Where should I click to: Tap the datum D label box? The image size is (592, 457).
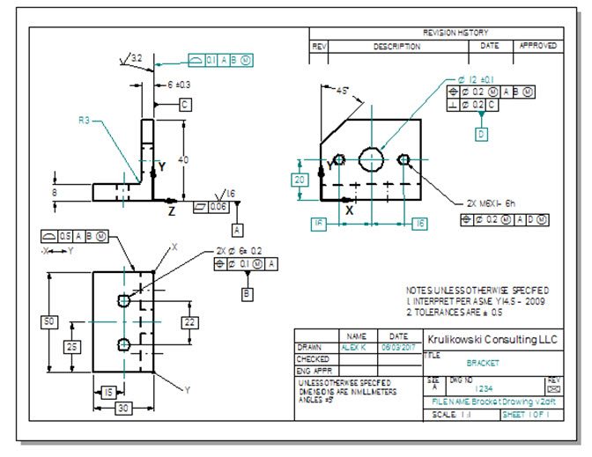[x=481, y=135]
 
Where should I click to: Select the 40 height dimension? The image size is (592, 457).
[x=183, y=159]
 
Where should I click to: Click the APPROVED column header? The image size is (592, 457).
[x=537, y=45]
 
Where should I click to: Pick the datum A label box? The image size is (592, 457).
[x=237, y=229]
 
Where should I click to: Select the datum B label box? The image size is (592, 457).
[x=248, y=292]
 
